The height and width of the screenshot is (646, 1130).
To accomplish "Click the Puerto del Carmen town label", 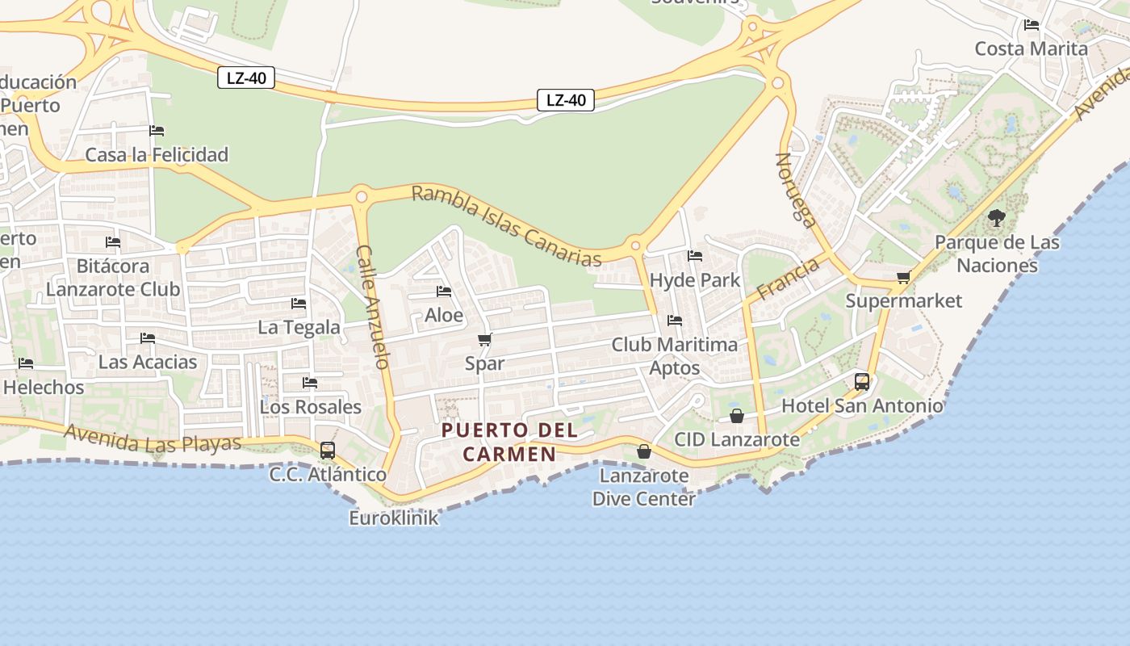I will coord(509,442).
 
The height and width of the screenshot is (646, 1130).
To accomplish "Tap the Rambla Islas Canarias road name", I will coord(507,226).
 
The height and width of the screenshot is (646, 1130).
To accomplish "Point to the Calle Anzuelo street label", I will coord(374,307).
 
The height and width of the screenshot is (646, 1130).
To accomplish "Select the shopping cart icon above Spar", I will coord(485,339).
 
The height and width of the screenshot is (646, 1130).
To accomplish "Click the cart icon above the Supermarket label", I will coord(903,278).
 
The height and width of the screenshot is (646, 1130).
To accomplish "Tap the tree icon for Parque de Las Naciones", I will coord(997,217).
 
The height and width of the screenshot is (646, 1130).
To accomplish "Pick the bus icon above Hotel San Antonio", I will coord(862,381).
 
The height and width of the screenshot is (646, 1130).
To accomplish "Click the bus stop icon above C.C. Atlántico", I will coord(327,450).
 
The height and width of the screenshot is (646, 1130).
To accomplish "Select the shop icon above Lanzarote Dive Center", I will coord(643,451).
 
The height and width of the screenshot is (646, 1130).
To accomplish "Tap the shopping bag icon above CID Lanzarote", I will coord(737,416).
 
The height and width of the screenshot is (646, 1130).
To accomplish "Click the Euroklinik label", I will coord(394,518).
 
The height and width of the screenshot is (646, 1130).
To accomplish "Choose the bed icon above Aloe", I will coord(443,292).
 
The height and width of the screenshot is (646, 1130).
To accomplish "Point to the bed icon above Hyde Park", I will coord(694,256).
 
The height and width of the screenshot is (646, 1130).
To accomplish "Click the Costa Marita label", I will coord(1032,48).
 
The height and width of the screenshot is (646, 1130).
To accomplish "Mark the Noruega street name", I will coord(797,190).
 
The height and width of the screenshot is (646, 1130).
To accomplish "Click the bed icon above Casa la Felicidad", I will coord(157,131).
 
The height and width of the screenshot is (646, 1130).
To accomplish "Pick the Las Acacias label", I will coord(148,362).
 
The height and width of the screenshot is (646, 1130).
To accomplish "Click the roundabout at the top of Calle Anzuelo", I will coord(361,196).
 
